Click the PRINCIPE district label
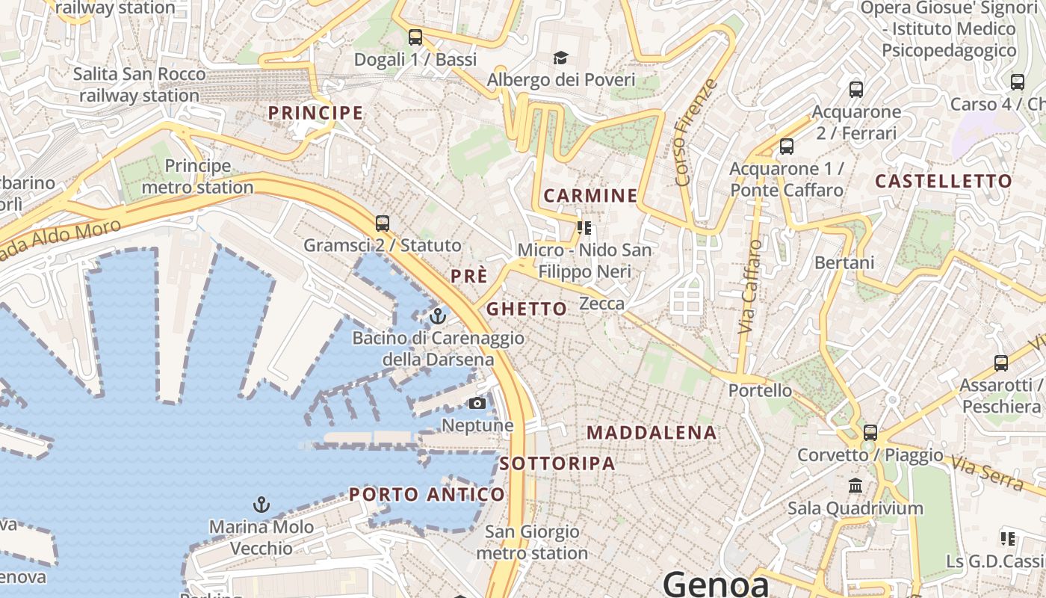click(x=315, y=113)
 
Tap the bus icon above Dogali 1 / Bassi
click(x=415, y=37)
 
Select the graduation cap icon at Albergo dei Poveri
click(x=560, y=58)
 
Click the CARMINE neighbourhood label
click(x=590, y=196)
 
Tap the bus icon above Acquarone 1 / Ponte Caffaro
click(x=787, y=147)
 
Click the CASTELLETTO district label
click(x=944, y=181)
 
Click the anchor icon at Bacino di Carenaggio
click(x=438, y=316)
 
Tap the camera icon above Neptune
click(x=477, y=404)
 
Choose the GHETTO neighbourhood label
click(x=527, y=309)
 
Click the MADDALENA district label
click(x=652, y=433)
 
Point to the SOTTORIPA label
click(x=557, y=463)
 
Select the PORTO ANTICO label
click(x=427, y=494)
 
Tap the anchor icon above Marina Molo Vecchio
click(x=261, y=505)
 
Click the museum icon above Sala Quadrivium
click(x=855, y=487)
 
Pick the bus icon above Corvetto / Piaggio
click(x=870, y=432)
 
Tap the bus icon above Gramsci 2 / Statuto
click(x=383, y=223)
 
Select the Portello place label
click(x=760, y=390)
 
